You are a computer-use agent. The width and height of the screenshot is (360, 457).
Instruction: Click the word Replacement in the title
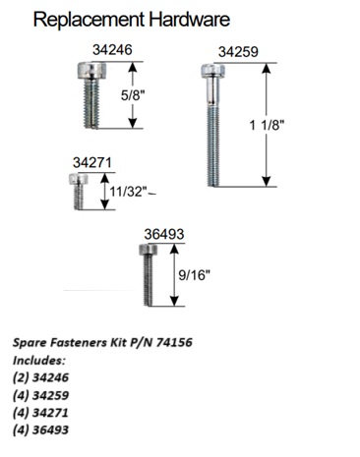[90, 21]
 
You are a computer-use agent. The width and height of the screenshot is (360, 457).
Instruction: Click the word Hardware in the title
[190, 19]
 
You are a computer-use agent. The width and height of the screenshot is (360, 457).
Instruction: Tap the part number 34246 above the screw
[112, 50]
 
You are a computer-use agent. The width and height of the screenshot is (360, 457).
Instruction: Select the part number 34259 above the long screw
[238, 52]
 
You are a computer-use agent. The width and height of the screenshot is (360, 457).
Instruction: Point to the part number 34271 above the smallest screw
[92, 163]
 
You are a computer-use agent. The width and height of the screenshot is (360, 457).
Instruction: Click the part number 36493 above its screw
[164, 234]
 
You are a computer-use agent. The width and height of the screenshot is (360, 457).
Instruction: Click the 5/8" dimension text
[133, 95]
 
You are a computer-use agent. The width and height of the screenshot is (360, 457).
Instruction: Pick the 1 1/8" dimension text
[267, 125]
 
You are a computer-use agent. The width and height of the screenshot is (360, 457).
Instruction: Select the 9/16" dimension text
[194, 275]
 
